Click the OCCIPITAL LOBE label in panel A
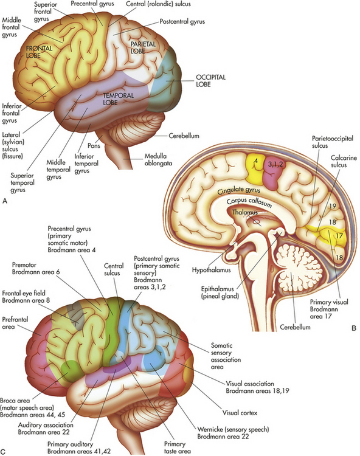[x=210, y=81]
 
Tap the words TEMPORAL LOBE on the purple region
[x=119, y=99]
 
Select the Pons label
[x=94, y=145]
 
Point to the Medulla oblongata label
[x=159, y=160]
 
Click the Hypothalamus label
[x=211, y=270]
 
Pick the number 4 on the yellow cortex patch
[x=256, y=161]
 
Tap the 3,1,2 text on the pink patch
[x=275, y=164]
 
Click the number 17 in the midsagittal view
[x=339, y=235]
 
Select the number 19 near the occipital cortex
[x=333, y=206]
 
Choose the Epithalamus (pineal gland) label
[x=220, y=292]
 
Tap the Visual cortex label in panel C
[x=240, y=413]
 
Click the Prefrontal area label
[x=15, y=323]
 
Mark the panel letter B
[x=353, y=328]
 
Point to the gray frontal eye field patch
[x=75, y=316]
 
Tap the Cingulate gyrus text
[x=239, y=190]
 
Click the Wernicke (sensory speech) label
[x=233, y=429]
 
